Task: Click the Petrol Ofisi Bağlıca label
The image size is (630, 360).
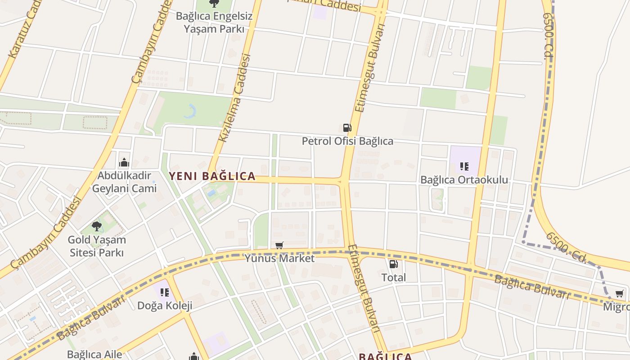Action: tap(347, 141)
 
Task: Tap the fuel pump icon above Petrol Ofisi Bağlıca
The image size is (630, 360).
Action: tap(347, 128)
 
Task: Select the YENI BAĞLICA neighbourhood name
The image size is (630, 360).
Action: tap(212, 176)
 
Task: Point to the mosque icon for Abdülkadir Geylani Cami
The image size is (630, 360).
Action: tap(124, 163)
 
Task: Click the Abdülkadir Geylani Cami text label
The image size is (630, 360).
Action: tap(124, 182)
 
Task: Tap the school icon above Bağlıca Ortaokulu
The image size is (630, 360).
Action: tap(464, 166)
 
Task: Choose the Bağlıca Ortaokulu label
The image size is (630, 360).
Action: tap(464, 180)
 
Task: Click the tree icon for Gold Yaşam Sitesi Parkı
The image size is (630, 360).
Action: tap(97, 226)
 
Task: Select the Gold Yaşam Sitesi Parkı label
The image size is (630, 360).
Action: tap(97, 246)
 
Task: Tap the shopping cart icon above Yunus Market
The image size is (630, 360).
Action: tap(279, 245)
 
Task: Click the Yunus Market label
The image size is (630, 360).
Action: tap(279, 258)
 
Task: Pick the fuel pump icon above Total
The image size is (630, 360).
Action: tap(393, 264)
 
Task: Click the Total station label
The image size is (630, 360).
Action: tap(393, 278)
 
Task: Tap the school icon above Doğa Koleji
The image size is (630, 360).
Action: tap(165, 292)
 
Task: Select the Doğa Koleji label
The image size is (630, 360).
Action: tap(165, 306)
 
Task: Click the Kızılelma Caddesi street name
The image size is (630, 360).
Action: tap(234, 98)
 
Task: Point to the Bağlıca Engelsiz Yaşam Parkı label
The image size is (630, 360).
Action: tap(214, 22)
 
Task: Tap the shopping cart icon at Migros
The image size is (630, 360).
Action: tap(620, 294)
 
